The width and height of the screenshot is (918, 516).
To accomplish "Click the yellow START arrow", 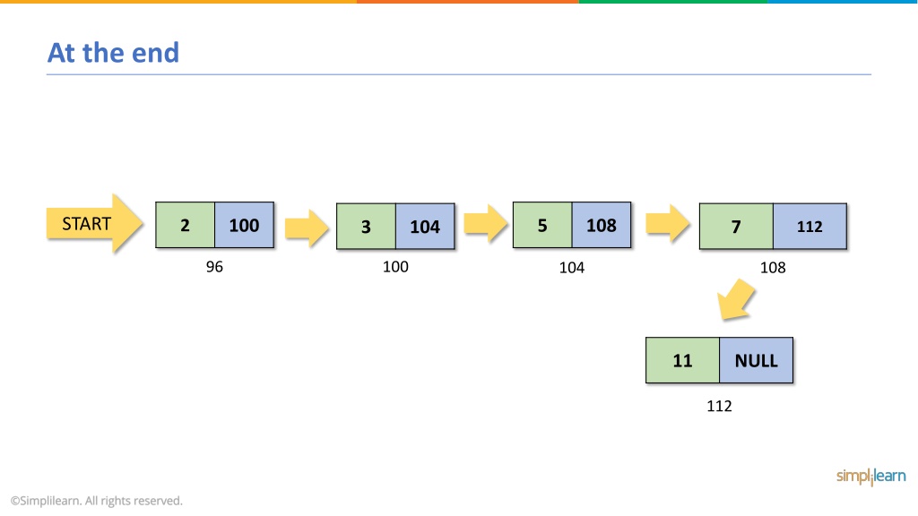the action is (x=93, y=223).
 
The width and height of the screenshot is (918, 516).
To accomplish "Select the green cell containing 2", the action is (x=185, y=225).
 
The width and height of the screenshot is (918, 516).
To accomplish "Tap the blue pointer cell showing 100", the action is (x=244, y=225).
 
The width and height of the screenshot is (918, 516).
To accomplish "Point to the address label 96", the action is (x=214, y=267).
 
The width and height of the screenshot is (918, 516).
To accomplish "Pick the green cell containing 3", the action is (x=366, y=227).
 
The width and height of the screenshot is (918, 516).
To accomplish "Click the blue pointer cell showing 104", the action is (x=425, y=227).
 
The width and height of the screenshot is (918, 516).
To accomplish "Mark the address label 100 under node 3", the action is (x=395, y=267).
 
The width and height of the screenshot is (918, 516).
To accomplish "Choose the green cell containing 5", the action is (x=542, y=225).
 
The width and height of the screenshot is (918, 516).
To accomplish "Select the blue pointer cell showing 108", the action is (x=602, y=225).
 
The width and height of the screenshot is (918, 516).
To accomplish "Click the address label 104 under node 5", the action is (x=571, y=267).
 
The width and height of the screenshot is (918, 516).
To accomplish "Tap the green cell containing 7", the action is (x=736, y=227).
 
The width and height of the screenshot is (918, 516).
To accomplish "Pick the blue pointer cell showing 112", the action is (x=810, y=227).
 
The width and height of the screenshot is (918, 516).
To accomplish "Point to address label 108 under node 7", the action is (x=773, y=267).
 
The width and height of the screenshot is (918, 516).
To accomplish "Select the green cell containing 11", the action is (x=682, y=360).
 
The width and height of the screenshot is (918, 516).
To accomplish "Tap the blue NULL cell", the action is (x=757, y=360).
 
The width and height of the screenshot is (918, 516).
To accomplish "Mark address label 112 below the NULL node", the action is (x=719, y=406).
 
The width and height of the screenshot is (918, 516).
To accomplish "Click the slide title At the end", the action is (x=113, y=53).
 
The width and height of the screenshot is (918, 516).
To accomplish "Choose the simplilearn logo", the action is (x=870, y=477).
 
